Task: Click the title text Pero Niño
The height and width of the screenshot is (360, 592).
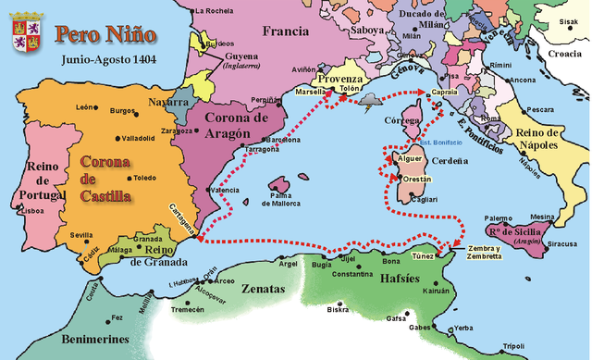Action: pyautogui.click(x=105, y=35)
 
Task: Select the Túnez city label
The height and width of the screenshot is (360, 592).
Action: pyautogui.click(x=423, y=254)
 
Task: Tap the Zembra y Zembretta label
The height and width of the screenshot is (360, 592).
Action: pyautogui.click(x=486, y=252)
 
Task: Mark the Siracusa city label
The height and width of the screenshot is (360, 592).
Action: pyautogui.click(x=561, y=245)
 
